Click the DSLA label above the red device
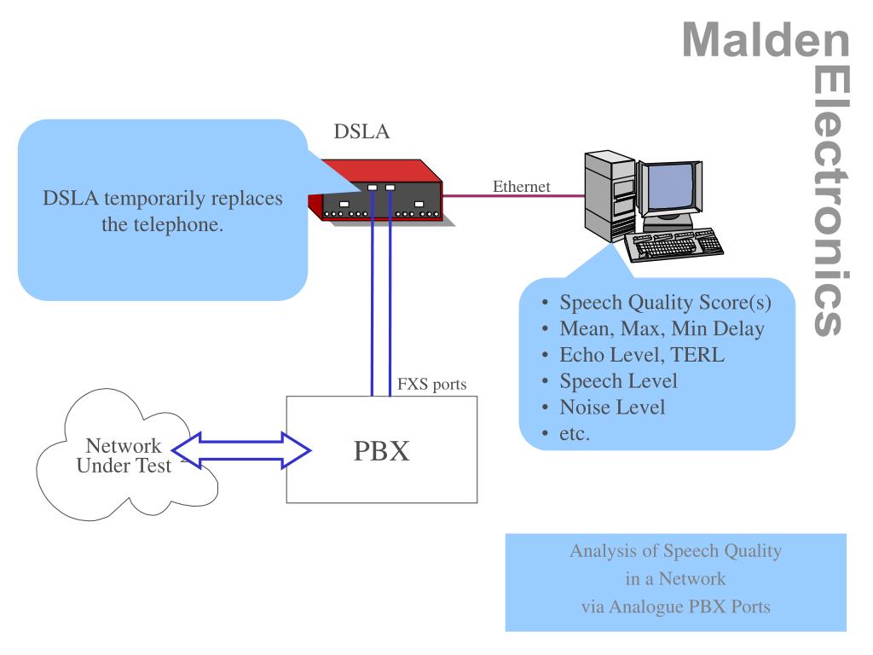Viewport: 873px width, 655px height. point(361,131)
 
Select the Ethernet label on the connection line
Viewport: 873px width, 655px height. point(521,186)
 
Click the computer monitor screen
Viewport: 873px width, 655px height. point(670,186)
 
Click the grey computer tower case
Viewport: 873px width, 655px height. point(610,195)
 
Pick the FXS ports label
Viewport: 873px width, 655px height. point(431,385)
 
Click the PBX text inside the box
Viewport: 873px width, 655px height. point(381,450)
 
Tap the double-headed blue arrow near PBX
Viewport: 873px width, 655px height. point(241,450)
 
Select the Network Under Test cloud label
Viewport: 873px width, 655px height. point(124,455)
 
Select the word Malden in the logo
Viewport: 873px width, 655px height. point(766,40)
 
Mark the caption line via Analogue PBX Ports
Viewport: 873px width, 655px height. point(675,606)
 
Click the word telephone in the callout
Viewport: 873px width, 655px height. point(162,224)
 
